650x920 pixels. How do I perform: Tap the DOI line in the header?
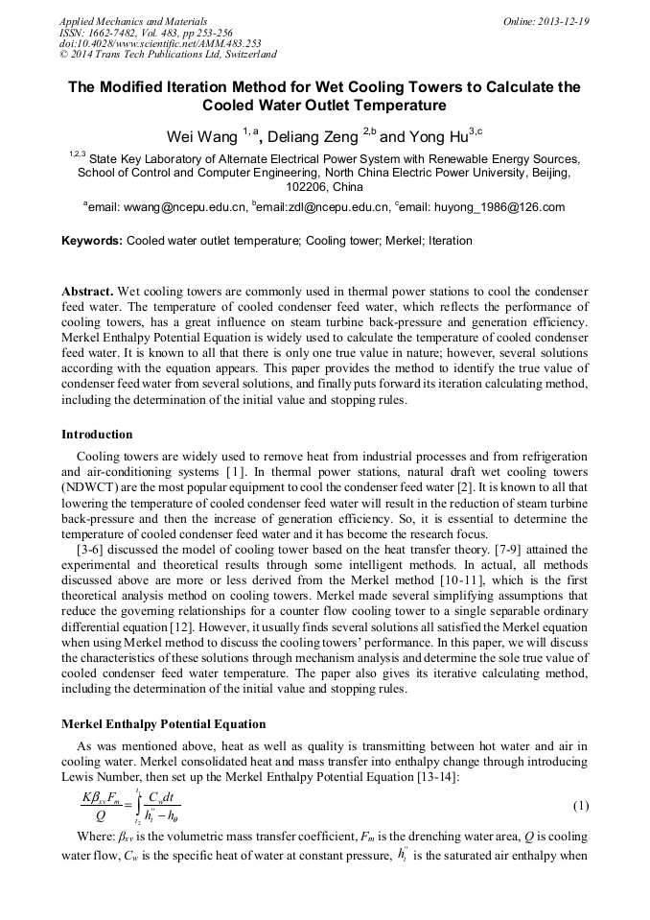(160, 43)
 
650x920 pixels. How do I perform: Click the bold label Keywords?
(92, 241)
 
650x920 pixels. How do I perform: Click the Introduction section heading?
(97, 435)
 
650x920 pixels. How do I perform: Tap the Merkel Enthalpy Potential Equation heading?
(163, 724)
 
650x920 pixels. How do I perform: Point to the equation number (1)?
(580, 808)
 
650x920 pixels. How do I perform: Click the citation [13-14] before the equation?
(437, 774)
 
